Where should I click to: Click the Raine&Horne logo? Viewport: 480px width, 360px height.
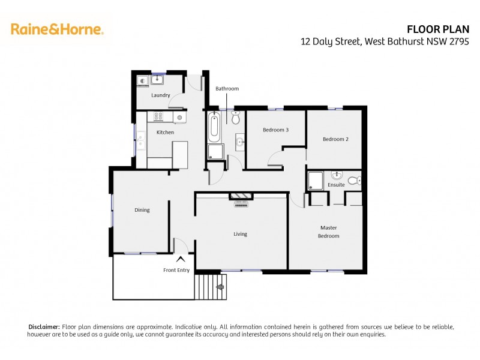[57, 29]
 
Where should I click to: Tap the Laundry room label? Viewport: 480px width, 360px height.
[161, 95]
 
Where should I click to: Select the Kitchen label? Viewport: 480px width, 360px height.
[165, 132]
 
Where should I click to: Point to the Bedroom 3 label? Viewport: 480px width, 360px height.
[276, 130]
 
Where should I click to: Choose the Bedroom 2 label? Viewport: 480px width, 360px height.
[335, 139]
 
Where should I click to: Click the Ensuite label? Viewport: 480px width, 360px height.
[336, 185]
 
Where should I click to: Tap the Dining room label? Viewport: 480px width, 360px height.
[142, 210]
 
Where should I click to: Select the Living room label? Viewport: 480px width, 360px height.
[240, 234]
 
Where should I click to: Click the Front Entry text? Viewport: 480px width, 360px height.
[176, 271]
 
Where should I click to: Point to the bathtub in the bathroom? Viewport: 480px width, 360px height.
[214, 127]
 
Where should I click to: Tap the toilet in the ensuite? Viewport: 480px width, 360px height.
[353, 179]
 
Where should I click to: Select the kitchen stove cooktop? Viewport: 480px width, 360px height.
[159, 117]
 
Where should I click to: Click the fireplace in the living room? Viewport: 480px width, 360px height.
[241, 196]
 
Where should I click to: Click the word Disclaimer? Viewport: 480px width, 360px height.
[44, 326]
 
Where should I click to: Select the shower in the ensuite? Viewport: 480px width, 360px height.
[315, 181]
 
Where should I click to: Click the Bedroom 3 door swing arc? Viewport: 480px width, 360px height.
[275, 159]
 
